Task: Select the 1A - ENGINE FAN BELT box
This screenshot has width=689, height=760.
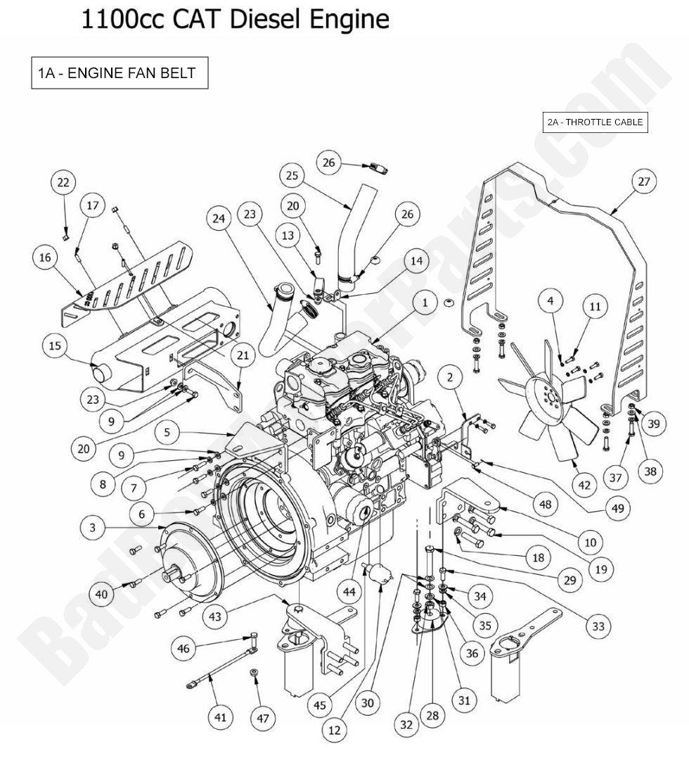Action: (120, 73)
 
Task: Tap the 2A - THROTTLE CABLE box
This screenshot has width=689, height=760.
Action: (595, 122)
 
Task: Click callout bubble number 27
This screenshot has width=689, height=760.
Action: (643, 182)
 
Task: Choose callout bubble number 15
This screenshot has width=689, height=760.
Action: (54, 346)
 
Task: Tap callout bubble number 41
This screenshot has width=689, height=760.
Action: (221, 717)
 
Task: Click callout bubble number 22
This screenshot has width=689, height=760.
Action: (63, 183)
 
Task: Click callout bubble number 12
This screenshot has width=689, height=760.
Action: (334, 730)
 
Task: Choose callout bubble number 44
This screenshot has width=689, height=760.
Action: (349, 593)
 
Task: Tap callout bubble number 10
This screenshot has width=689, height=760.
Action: (589, 542)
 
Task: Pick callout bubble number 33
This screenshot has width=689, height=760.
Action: (598, 626)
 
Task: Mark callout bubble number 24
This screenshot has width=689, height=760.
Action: (219, 219)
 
